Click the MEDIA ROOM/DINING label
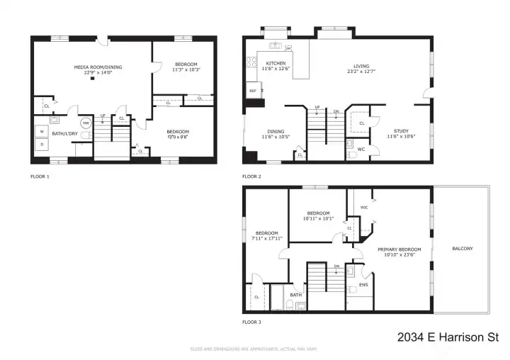[98, 67]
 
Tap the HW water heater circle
[86, 123]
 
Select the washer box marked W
[42, 131]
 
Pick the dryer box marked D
[42, 145]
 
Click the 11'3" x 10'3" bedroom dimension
[186, 69]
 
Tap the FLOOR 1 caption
[40, 175]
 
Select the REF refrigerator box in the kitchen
[252, 91]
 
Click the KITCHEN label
[276, 63]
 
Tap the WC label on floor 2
[361, 149]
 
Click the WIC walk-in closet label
[364, 208]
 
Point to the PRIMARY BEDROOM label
[399, 249]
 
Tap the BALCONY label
[463, 249]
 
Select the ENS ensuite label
[363, 285]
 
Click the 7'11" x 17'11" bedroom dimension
[266, 239]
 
